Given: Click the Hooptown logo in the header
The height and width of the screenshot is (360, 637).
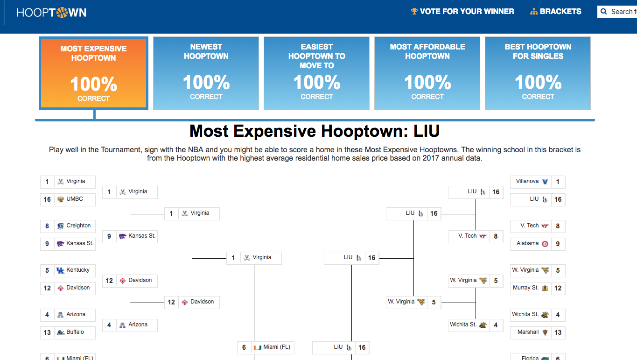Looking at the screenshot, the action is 51,13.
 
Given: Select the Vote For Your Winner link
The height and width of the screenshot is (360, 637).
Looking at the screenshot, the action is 462,11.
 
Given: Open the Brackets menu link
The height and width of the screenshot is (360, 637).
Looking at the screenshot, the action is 556,11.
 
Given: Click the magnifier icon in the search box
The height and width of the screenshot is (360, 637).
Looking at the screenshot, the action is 604,12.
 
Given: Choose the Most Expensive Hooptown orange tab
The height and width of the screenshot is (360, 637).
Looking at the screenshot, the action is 93,73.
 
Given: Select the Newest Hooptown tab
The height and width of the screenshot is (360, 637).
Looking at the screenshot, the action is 206,73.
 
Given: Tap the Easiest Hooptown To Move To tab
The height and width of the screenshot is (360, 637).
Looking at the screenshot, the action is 316,73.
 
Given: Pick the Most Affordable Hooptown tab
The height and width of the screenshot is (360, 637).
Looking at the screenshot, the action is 427,73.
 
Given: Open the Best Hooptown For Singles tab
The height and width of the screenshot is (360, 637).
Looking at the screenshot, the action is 538,73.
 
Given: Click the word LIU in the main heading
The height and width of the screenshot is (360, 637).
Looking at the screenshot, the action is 427,131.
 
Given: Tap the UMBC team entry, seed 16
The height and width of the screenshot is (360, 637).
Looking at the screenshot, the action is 68,199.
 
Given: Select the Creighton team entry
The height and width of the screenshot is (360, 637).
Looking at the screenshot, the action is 68,226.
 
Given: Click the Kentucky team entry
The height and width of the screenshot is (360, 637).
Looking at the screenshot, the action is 68,270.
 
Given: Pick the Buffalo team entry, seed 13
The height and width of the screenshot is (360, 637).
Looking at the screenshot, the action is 68,332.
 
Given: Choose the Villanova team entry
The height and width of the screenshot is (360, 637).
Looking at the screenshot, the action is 538,182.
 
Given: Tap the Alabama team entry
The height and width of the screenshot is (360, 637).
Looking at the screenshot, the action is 538,244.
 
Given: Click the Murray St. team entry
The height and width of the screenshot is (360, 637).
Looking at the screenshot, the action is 538,288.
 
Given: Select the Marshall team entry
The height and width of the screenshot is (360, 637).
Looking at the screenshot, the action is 538,332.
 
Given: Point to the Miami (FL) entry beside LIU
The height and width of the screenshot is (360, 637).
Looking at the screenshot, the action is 266,347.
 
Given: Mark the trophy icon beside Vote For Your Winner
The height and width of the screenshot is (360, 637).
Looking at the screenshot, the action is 414,11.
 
